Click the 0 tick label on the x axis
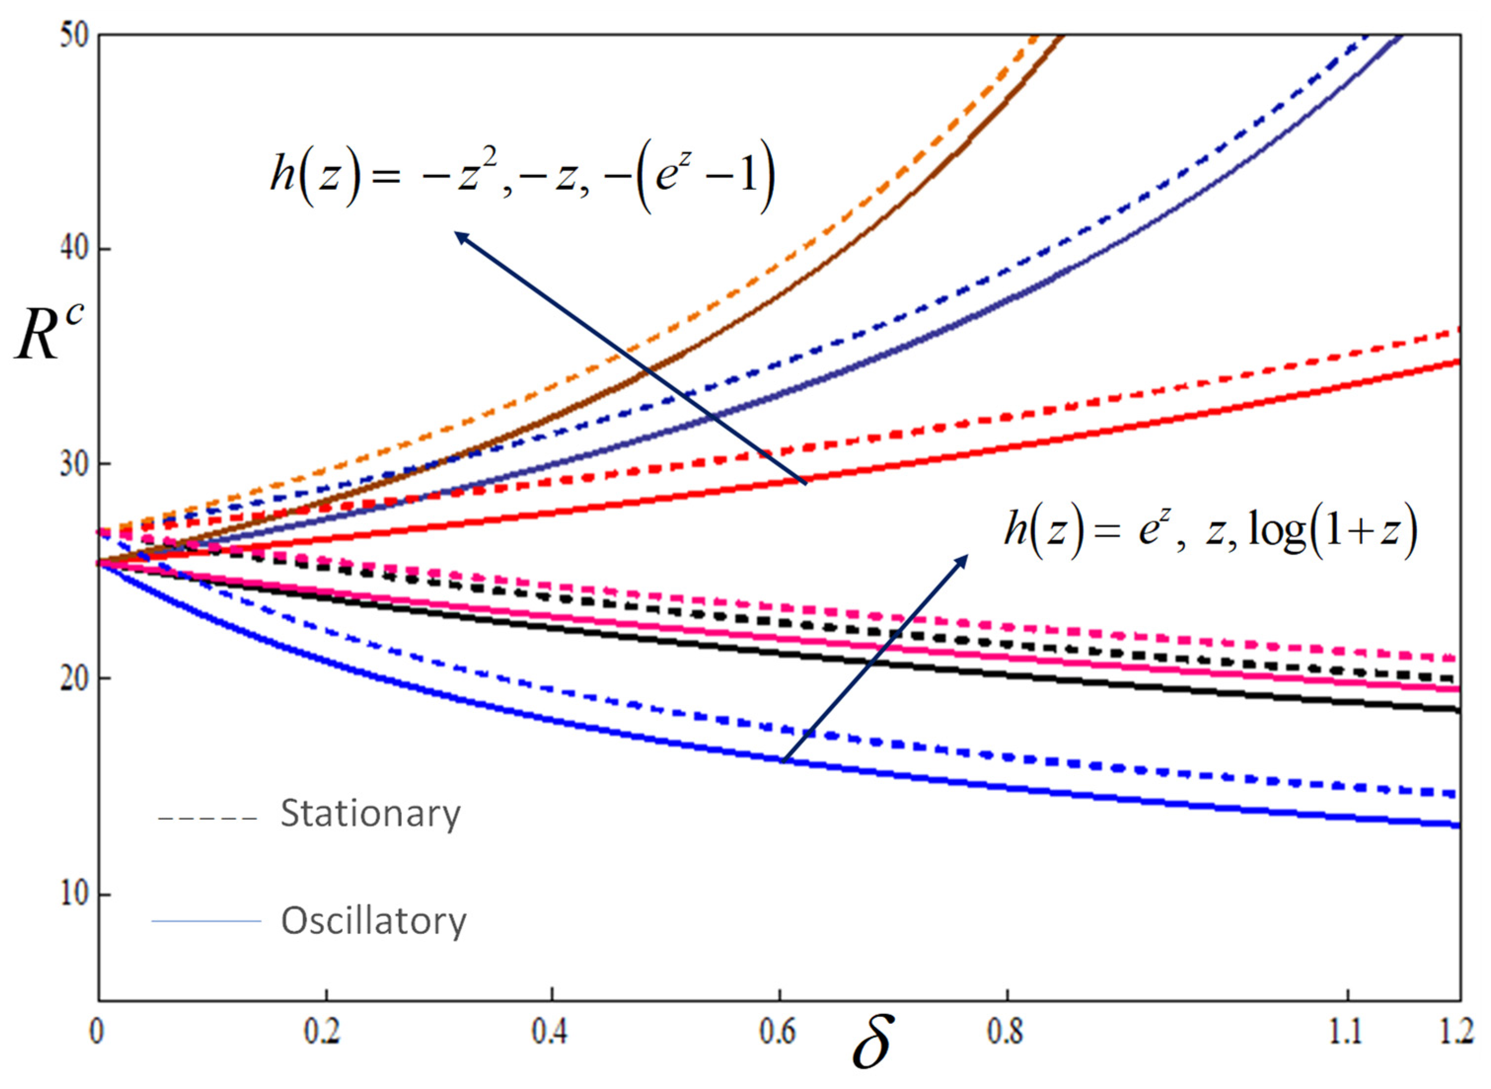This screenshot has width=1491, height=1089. [x=97, y=1032]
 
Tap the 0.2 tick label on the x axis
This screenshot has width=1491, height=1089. [x=323, y=1032]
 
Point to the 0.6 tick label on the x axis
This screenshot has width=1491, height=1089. [x=777, y=1032]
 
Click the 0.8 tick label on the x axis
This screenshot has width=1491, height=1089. [x=1005, y=1032]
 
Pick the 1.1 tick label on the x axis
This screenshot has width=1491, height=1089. [x=1346, y=1032]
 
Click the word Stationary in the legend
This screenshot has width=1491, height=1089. [x=370, y=814]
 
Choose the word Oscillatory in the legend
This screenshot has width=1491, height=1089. [x=373, y=921]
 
